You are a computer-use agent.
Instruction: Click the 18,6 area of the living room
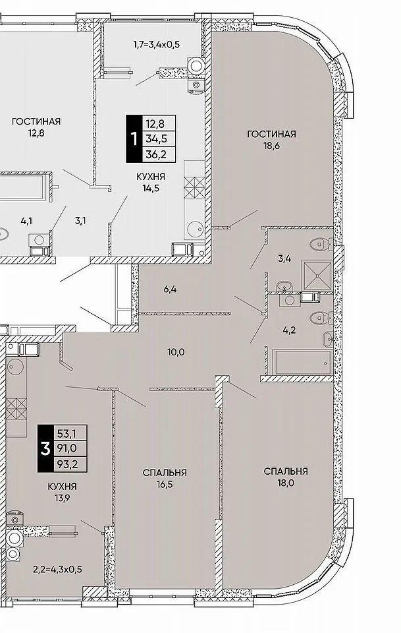[x=271, y=145]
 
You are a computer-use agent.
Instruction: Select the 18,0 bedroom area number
[x=286, y=483]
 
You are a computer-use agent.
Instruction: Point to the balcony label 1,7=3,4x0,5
[x=156, y=44]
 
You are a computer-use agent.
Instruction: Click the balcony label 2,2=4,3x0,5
[x=57, y=570]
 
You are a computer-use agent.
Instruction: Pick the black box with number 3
[x=46, y=448]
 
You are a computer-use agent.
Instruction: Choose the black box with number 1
[x=134, y=139]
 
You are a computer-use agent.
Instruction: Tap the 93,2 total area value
[x=67, y=464]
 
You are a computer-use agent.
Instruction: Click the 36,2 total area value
[x=157, y=154]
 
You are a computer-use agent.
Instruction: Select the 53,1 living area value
[x=67, y=434]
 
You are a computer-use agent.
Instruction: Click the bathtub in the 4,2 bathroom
[x=302, y=362]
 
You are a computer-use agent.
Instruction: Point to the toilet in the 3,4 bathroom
[x=321, y=243]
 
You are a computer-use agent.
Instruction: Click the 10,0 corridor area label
[x=176, y=352]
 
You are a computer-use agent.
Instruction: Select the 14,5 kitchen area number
[x=150, y=188]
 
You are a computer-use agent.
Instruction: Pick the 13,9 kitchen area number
[x=62, y=498]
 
